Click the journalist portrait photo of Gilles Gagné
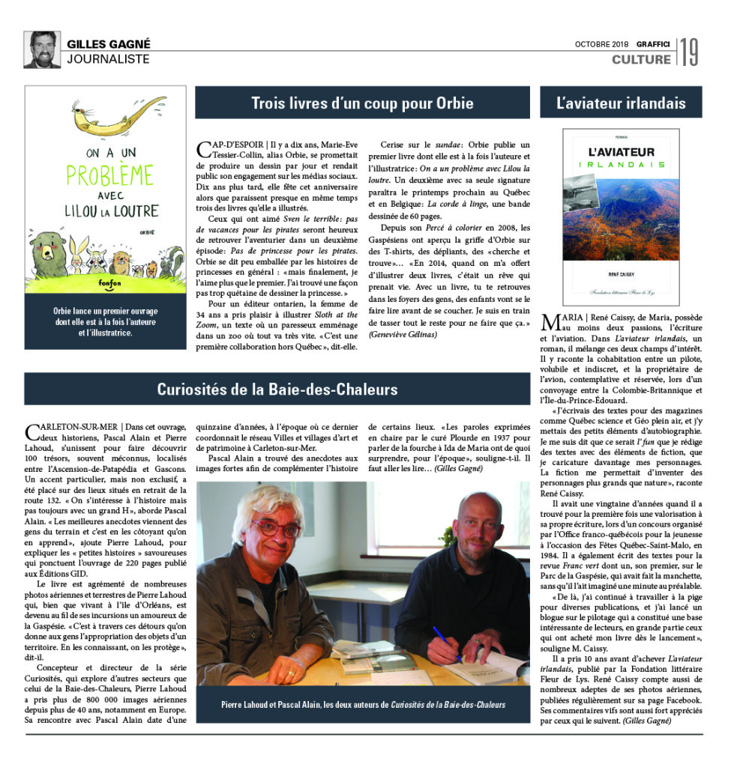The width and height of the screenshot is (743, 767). coord(42,49)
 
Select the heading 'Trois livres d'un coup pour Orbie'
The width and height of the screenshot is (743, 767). coord(362,103)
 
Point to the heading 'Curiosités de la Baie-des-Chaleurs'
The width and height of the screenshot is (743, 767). coord(277,389)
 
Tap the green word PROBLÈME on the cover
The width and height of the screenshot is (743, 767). coord(106,176)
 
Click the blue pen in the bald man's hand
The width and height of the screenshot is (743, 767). coord(447,643)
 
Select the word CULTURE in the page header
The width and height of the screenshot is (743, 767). coord(641,59)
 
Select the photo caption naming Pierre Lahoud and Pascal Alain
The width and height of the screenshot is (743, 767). coord(363,704)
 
